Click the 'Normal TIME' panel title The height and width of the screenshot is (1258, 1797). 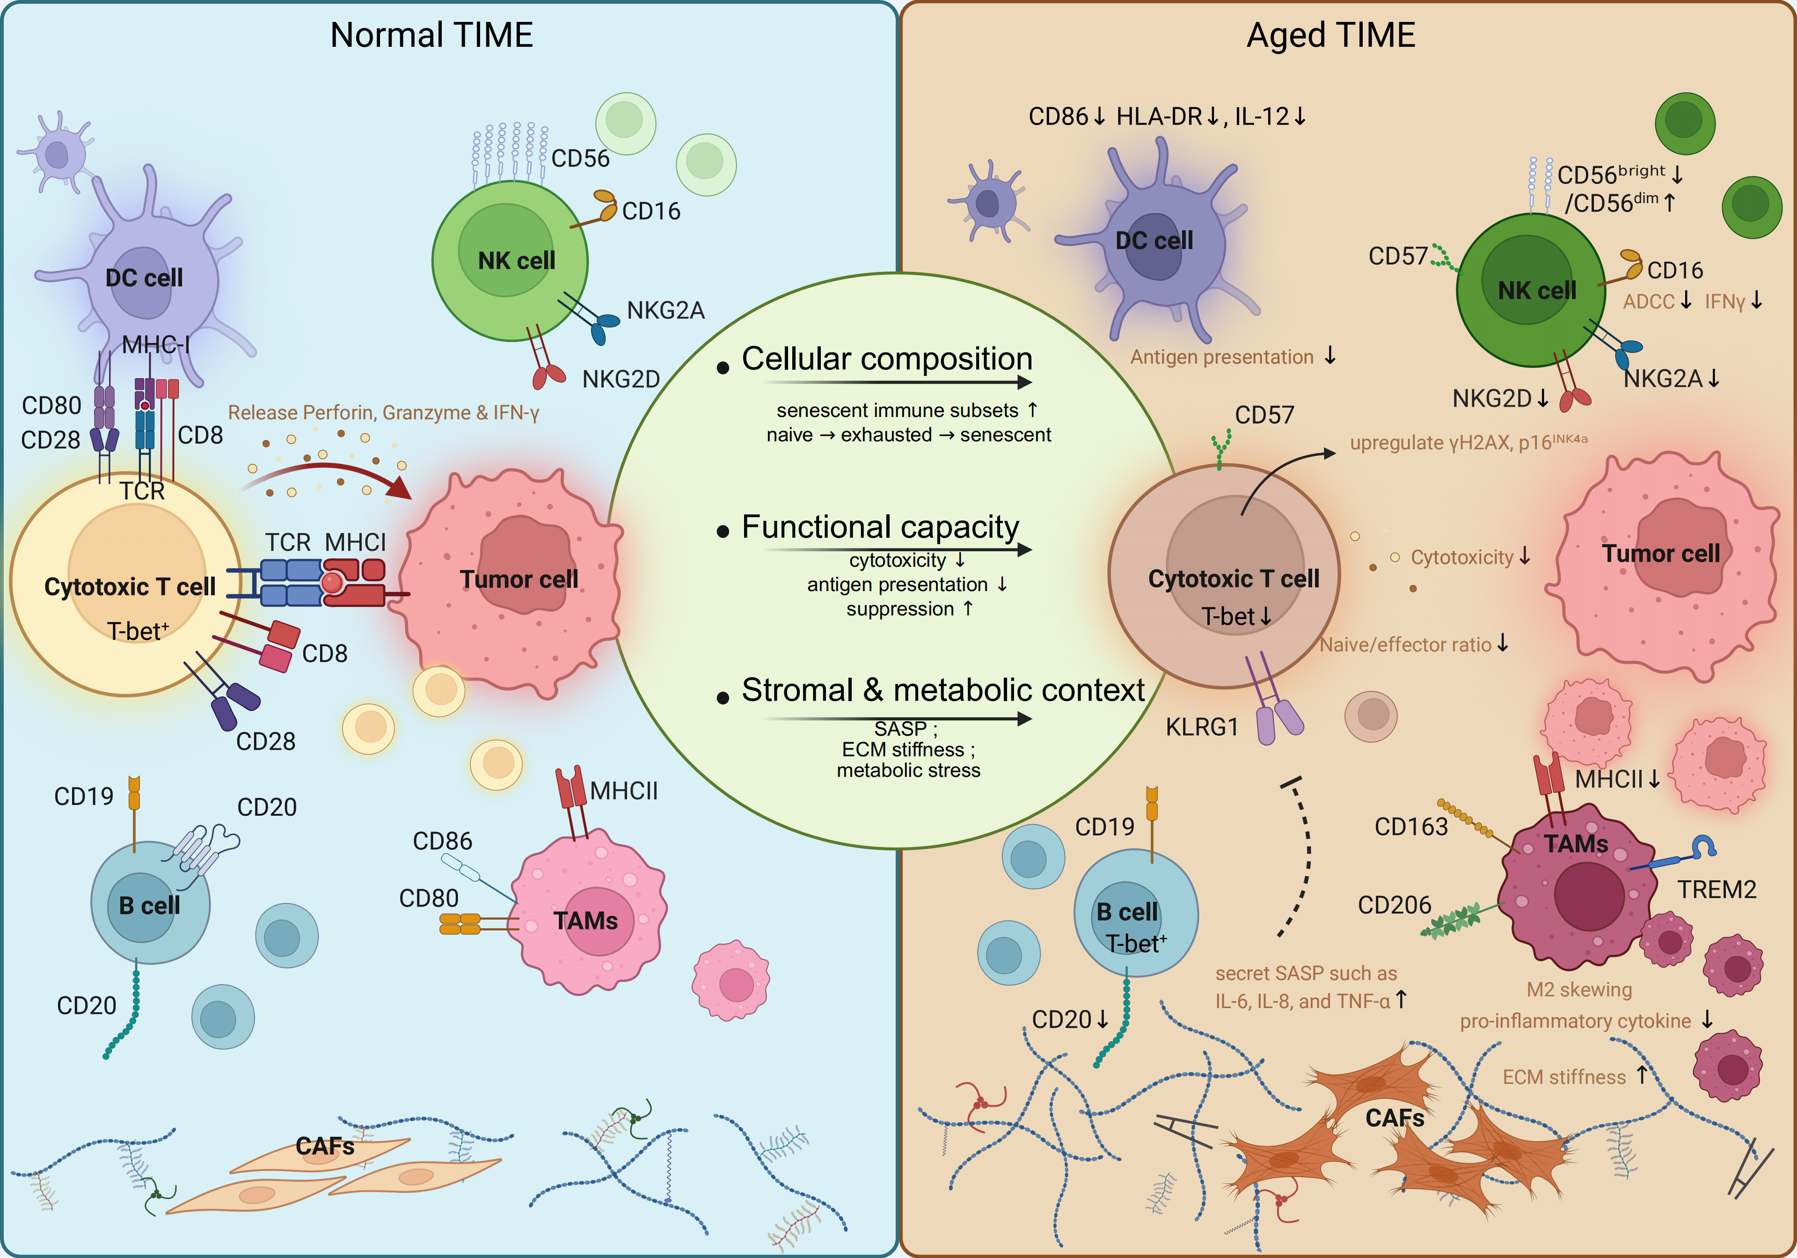tap(431, 35)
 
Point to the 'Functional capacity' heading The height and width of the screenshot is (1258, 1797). tap(881, 527)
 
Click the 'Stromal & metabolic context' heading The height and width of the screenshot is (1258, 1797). tap(943, 690)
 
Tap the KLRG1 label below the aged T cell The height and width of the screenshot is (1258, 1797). tap(1202, 727)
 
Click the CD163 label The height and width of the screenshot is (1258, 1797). tap(1411, 826)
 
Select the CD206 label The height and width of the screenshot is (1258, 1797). tap(1394, 905)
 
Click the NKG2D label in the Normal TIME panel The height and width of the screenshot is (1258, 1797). tap(621, 379)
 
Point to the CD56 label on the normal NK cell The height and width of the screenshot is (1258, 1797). tap(580, 158)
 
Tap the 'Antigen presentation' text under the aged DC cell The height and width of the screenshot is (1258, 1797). tap(1222, 357)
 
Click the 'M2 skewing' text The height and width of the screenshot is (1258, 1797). tap(1579, 989)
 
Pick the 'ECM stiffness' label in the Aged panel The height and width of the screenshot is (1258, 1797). tap(1564, 1077)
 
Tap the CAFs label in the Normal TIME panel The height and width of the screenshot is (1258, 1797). tap(325, 1146)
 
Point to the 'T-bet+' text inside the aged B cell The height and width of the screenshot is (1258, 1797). tap(1136, 944)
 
